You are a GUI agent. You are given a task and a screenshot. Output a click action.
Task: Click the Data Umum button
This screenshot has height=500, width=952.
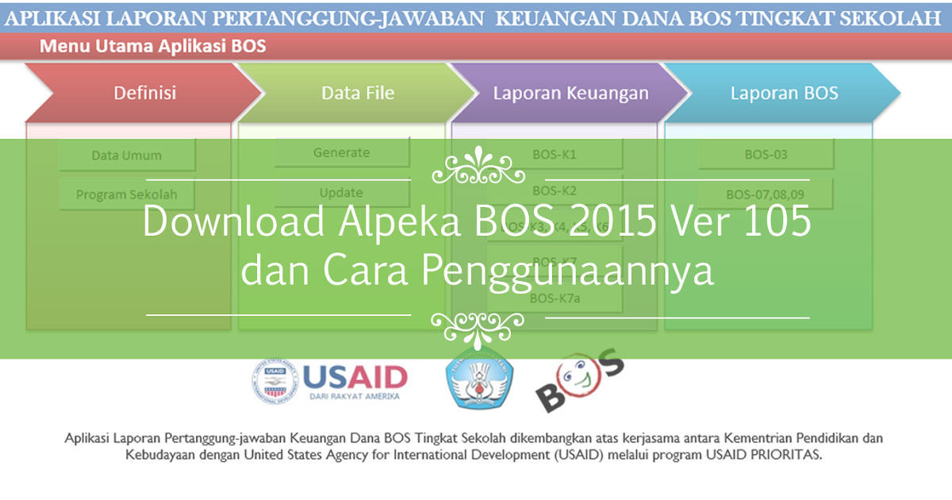point(126,156)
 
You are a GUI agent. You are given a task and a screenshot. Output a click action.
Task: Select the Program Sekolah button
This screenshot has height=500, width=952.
point(126,194)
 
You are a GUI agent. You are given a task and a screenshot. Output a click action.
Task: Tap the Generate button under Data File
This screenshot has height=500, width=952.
point(341,152)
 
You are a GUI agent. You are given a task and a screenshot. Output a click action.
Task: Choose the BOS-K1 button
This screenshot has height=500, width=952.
point(555,155)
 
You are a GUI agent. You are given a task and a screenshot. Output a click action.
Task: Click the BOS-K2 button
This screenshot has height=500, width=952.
point(555,190)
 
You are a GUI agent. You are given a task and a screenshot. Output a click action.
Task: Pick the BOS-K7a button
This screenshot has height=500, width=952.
point(555,298)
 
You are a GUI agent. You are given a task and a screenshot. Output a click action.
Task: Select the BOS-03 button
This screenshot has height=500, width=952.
point(766,155)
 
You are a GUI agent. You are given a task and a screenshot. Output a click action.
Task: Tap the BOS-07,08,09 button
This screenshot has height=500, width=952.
point(766,194)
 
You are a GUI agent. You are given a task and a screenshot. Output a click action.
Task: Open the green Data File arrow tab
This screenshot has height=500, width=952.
point(357,93)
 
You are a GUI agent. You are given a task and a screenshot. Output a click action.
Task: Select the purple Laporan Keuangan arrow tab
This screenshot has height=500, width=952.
point(570,93)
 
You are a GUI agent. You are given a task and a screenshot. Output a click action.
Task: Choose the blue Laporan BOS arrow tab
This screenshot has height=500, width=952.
point(784,93)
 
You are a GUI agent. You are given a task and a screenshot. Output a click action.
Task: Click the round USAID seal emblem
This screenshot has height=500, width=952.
point(274,383)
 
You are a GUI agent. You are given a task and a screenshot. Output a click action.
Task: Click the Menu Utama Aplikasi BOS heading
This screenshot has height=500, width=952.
point(153,46)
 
